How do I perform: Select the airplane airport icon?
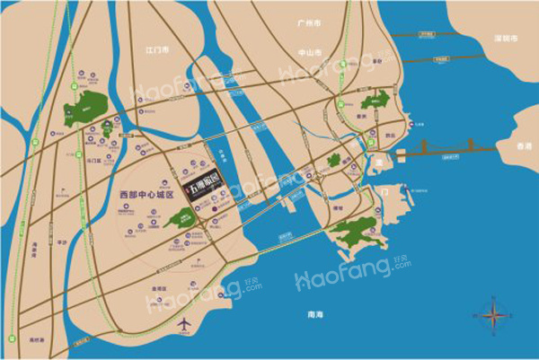tap(184, 323)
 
